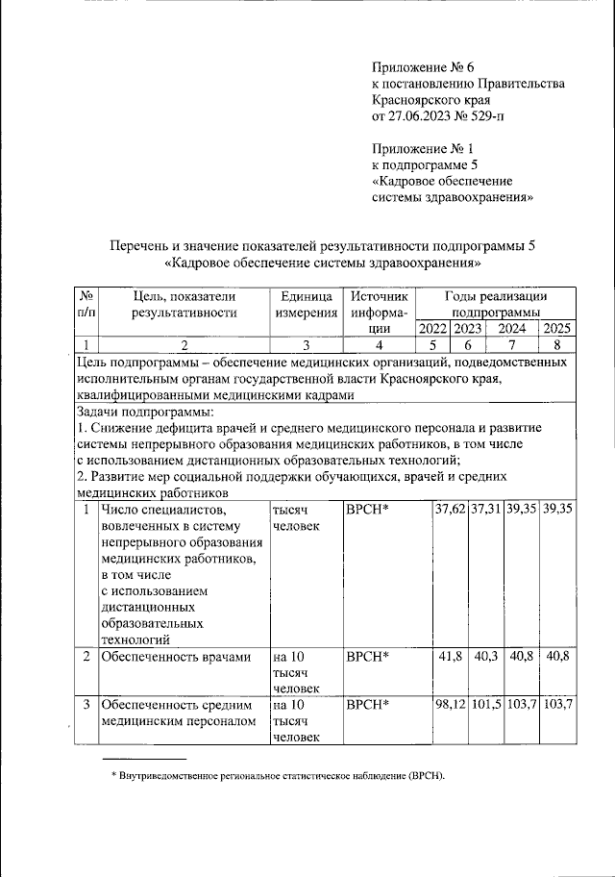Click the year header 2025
point(557,330)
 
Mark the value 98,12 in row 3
point(449,705)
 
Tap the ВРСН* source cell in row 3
point(366,705)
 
